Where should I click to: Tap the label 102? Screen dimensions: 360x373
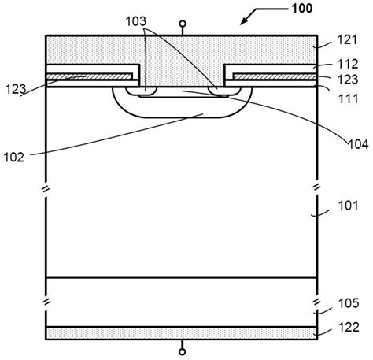tap(17, 156)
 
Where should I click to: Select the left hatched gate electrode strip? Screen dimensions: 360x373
tap(89, 76)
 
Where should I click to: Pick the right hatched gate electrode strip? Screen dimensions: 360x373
tap(276, 76)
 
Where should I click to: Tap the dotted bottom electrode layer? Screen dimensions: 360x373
tap(183, 333)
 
